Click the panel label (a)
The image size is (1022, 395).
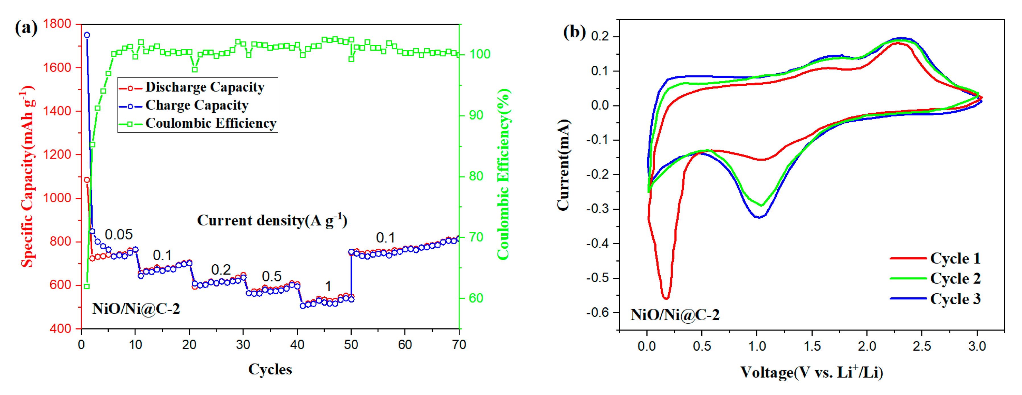26,28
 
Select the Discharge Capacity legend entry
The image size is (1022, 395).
204,87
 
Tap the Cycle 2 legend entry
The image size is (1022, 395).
955,278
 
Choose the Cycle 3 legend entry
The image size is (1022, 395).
955,299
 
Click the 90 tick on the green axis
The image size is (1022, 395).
476,115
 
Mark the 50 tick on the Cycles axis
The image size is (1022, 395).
351,345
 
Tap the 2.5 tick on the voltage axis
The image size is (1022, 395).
921,346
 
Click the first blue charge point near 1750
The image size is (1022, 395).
87,35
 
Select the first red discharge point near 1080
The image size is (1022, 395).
87,180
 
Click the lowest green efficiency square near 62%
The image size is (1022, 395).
87,286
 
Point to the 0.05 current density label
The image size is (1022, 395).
119,234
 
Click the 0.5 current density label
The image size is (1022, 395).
271,276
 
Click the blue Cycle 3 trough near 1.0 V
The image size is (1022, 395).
759,217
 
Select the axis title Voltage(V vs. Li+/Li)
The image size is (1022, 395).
811,372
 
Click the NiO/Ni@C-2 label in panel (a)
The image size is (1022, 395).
136,308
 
